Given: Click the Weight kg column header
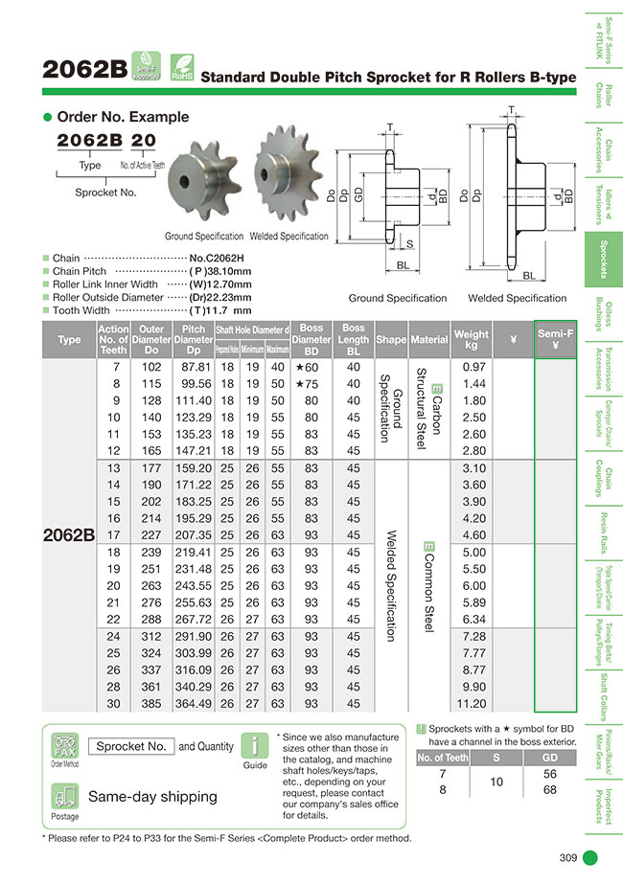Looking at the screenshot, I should point(471,339).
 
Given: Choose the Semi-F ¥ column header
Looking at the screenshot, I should point(555,339).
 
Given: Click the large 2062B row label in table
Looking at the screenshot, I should point(69,535).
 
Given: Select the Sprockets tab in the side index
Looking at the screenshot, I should point(603,260).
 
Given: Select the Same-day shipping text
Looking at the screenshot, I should point(152,796).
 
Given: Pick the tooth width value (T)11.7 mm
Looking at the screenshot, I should point(220,310).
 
